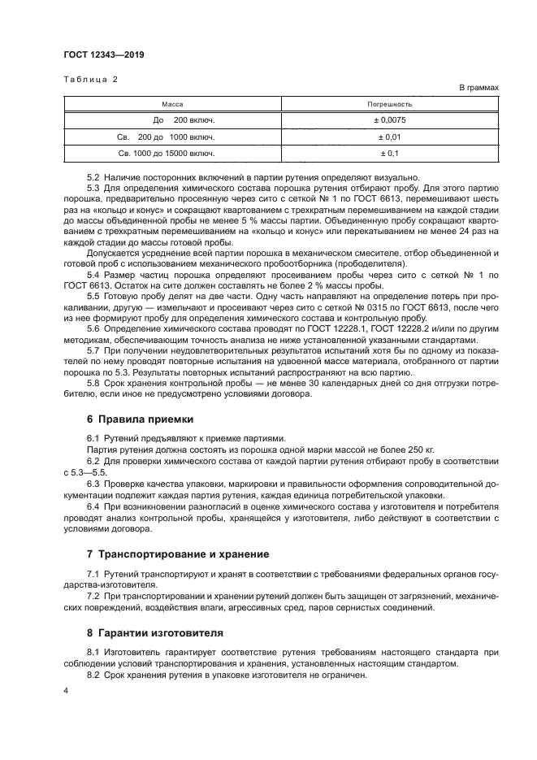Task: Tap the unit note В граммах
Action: (479, 87)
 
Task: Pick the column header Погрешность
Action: (390, 104)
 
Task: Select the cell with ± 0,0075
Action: (390, 120)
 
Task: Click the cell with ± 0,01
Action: (390, 137)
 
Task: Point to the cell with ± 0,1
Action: (390, 153)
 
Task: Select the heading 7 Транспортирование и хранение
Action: (177, 554)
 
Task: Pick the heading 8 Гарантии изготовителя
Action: (154, 632)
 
